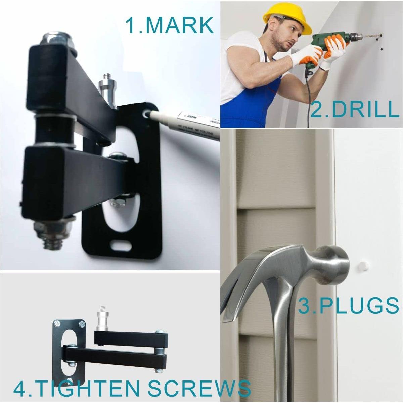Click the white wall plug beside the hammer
362,264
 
